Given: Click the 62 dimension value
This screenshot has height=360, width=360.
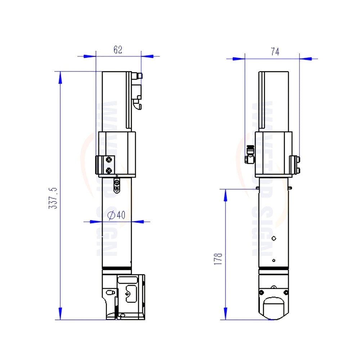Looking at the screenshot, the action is click(x=118, y=50).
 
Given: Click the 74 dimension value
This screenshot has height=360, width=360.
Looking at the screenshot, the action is click(x=275, y=51).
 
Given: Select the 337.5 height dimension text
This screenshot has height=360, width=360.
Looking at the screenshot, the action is click(x=53, y=198).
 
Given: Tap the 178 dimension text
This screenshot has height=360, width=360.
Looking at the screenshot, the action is click(x=218, y=259).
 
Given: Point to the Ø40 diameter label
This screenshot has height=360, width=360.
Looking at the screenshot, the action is click(x=116, y=215).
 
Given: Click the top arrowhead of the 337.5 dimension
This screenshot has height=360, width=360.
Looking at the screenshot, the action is click(x=60, y=78).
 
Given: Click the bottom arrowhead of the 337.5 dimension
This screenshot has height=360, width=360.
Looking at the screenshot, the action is click(x=60, y=314).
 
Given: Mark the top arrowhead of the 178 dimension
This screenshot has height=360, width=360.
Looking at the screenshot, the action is click(x=225, y=195).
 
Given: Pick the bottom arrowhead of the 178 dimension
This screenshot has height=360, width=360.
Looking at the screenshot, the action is click(x=225, y=314).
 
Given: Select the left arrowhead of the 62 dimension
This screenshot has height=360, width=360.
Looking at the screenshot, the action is click(x=90, y=56).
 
